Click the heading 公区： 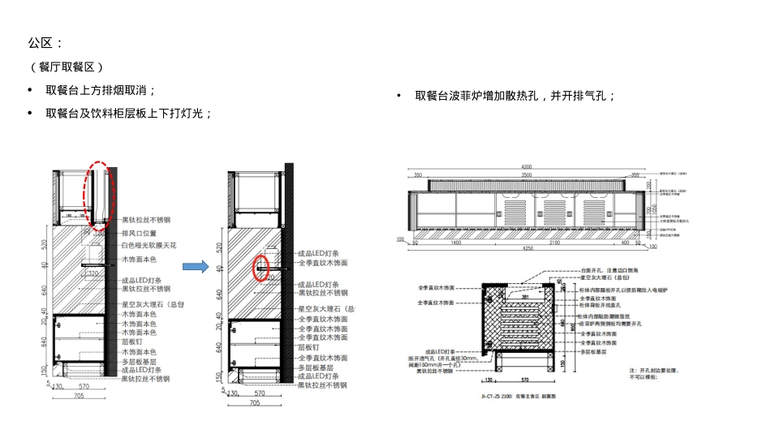[45, 42]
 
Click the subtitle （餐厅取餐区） [67, 67]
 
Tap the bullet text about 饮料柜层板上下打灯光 [129, 113]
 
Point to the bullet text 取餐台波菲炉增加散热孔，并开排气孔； [515, 96]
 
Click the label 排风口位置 [139, 233]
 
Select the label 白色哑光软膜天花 [149, 245]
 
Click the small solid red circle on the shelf [260, 267]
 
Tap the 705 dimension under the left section [79, 397]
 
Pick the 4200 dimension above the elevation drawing [527, 167]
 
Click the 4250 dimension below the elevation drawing [527, 249]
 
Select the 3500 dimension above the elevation [527, 174]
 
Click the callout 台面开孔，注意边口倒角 [609, 269]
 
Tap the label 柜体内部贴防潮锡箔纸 [609, 316]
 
